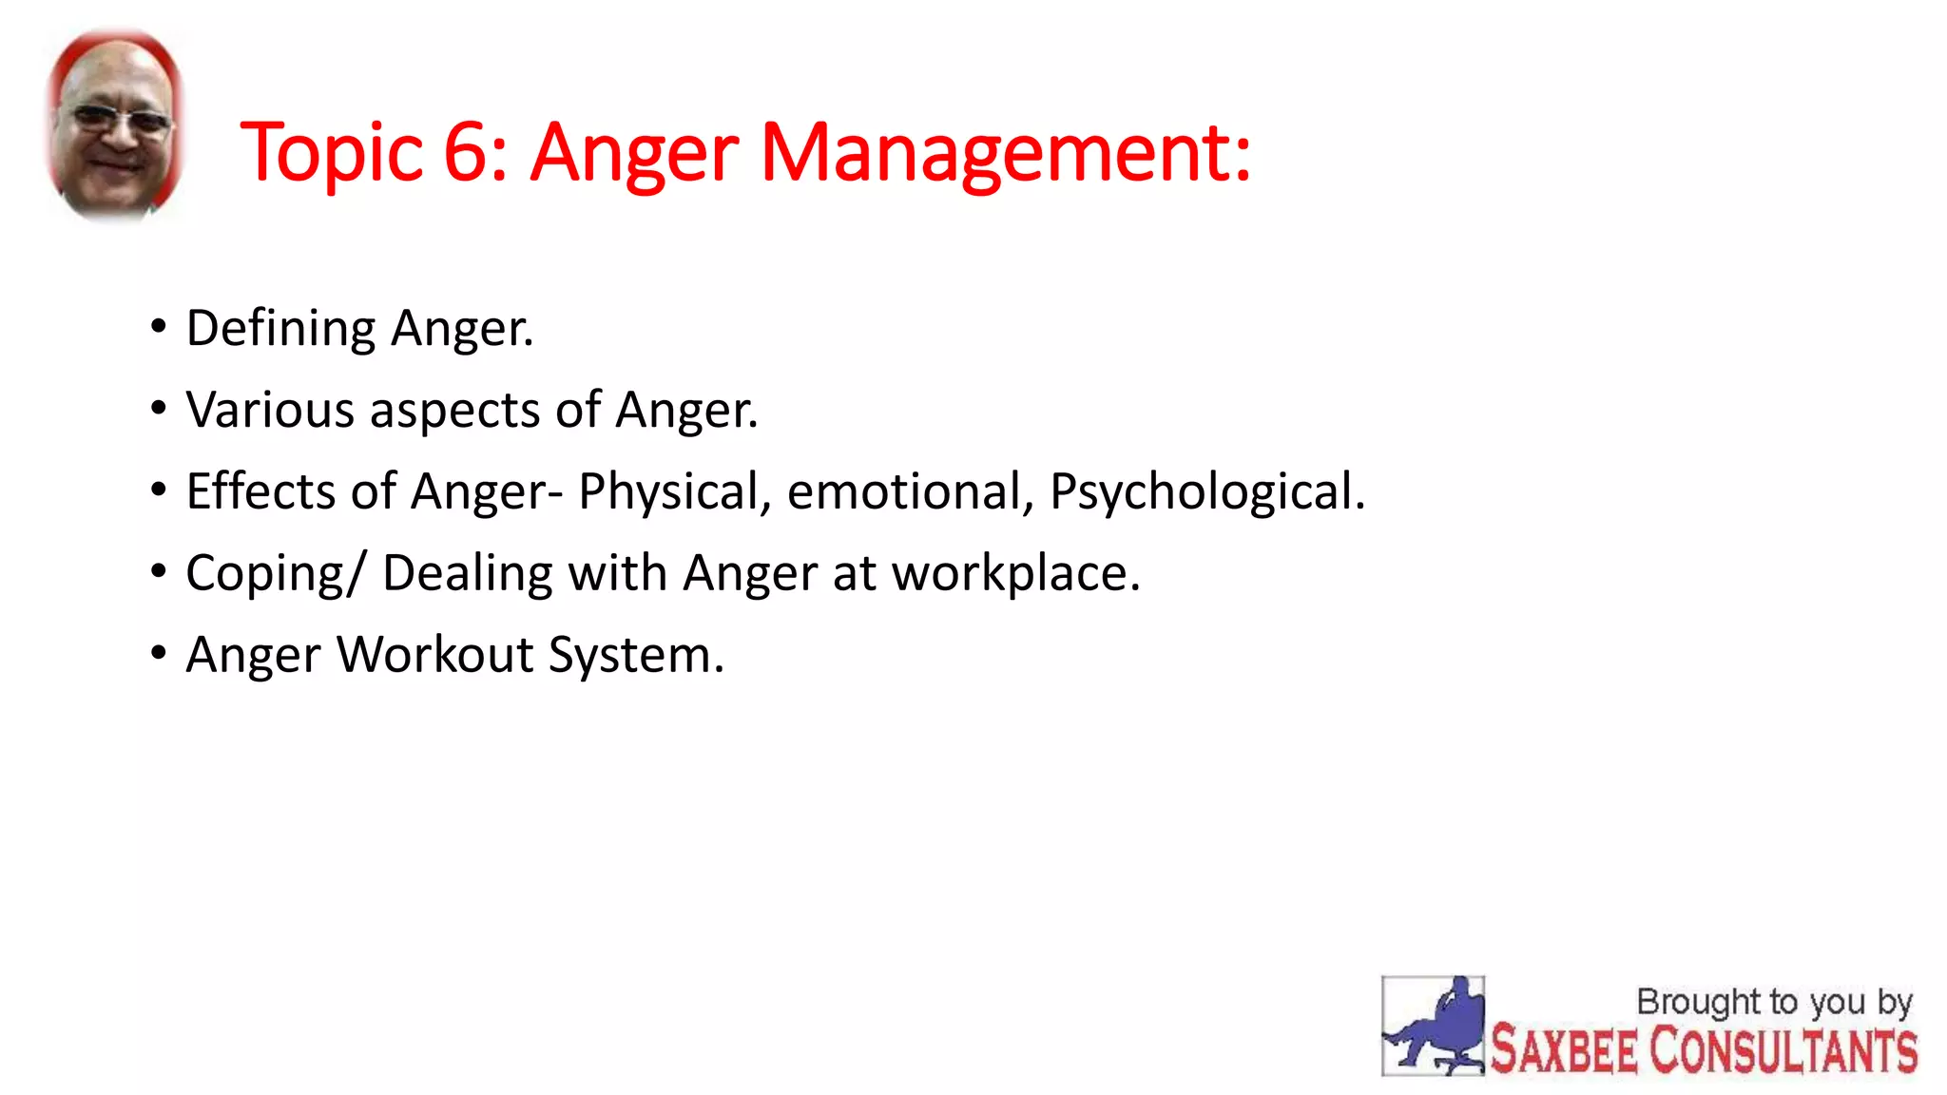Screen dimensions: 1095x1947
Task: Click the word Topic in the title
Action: click(x=331, y=152)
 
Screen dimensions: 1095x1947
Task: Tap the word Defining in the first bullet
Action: click(x=280, y=329)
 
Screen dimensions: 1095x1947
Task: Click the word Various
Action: click(x=270, y=411)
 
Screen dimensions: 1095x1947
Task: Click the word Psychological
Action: click(x=1205, y=492)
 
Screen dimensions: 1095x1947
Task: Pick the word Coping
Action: click(x=264, y=574)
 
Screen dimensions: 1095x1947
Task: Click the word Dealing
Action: click(x=467, y=574)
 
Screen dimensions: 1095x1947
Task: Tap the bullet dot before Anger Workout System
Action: click(x=158, y=654)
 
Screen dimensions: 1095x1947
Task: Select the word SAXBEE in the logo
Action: click(x=1564, y=1049)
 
